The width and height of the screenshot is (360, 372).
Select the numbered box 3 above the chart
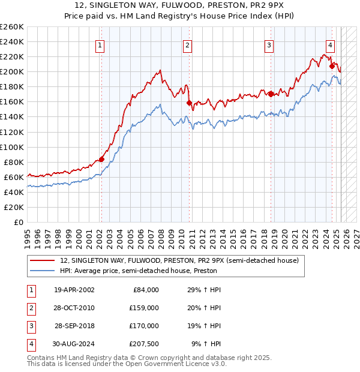(269, 44)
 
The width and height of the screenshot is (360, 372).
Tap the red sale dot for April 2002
(101, 159)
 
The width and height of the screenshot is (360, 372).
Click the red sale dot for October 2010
(189, 103)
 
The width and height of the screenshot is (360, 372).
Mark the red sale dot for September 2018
(271, 94)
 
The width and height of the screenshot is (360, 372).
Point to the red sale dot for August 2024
(332, 66)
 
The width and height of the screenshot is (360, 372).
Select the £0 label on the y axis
(18, 222)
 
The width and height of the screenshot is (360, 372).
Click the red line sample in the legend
(42, 260)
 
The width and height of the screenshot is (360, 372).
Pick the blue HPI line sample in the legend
(42, 271)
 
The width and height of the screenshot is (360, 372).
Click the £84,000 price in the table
(145, 290)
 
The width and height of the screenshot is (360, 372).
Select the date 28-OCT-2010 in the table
(74, 308)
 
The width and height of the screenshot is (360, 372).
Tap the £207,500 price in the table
(143, 344)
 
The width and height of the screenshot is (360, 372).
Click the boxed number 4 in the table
(29, 344)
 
